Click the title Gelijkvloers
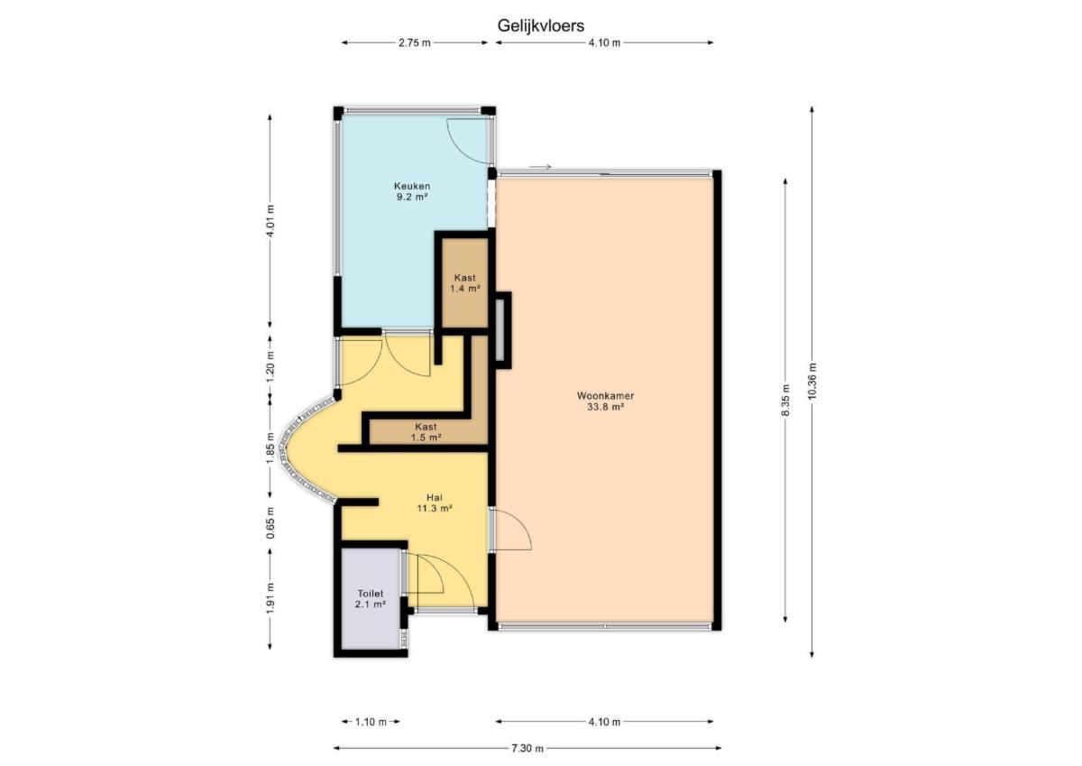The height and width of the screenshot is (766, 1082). coord(540,25)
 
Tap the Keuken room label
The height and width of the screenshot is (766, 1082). coord(412,191)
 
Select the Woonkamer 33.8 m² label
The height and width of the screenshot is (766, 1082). coord(605,401)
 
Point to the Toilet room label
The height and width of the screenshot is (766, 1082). coord(371,598)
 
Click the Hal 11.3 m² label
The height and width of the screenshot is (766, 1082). coord(435,503)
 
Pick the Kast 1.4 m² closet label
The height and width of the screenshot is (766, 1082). coord(464,283)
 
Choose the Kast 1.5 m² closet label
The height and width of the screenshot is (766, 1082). coord(426,432)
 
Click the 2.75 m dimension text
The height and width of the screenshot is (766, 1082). coord(415,43)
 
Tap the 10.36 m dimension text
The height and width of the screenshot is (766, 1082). coord(811,381)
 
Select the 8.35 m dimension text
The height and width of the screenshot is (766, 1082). coord(785,401)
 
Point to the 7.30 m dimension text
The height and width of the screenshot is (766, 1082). coord(527,749)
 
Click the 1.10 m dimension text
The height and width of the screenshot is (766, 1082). coord(371,722)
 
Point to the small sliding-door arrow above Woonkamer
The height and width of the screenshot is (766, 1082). coord(540,167)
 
